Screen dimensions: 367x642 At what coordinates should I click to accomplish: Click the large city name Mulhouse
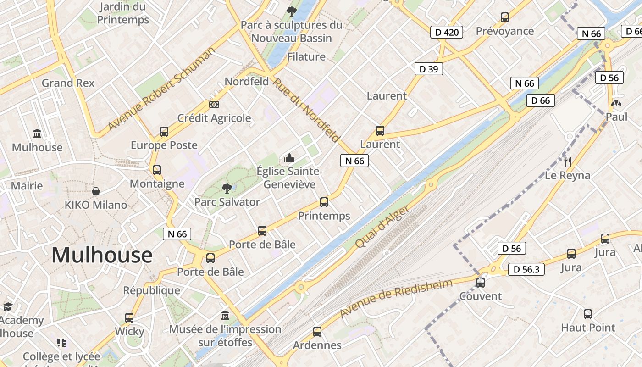tap(102, 255)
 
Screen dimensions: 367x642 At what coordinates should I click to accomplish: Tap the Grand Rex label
tap(68, 83)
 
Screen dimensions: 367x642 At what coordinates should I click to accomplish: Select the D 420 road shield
tap(447, 32)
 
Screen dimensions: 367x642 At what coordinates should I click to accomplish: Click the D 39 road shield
tap(429, 69)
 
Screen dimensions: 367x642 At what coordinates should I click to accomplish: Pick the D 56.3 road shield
tap(526, 269)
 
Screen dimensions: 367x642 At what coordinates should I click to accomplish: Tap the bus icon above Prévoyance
tap(505, 17)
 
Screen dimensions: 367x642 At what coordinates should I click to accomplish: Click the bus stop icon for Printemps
tap(324, 202)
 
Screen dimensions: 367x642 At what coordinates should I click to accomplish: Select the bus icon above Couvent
tap(480, 283)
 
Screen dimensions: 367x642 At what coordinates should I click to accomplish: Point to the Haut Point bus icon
tap(588, 314)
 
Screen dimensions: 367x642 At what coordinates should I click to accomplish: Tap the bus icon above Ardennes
tap(317, 332)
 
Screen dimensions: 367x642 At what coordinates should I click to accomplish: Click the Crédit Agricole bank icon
tap(214, 105)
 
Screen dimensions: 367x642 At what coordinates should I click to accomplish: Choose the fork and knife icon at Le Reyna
tap(567, 161)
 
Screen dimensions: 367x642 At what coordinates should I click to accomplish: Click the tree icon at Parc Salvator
tap(227, 188)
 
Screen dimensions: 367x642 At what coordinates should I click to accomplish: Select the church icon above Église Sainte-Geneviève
tap(289, 158)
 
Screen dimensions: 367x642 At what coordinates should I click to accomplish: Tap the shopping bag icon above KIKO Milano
tap(96, 191)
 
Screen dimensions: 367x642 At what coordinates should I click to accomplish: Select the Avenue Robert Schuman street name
tap(161, 89)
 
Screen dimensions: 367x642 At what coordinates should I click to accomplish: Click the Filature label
tap(306, 57)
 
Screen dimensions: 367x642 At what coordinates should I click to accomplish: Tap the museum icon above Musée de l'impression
tap(225, 316)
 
